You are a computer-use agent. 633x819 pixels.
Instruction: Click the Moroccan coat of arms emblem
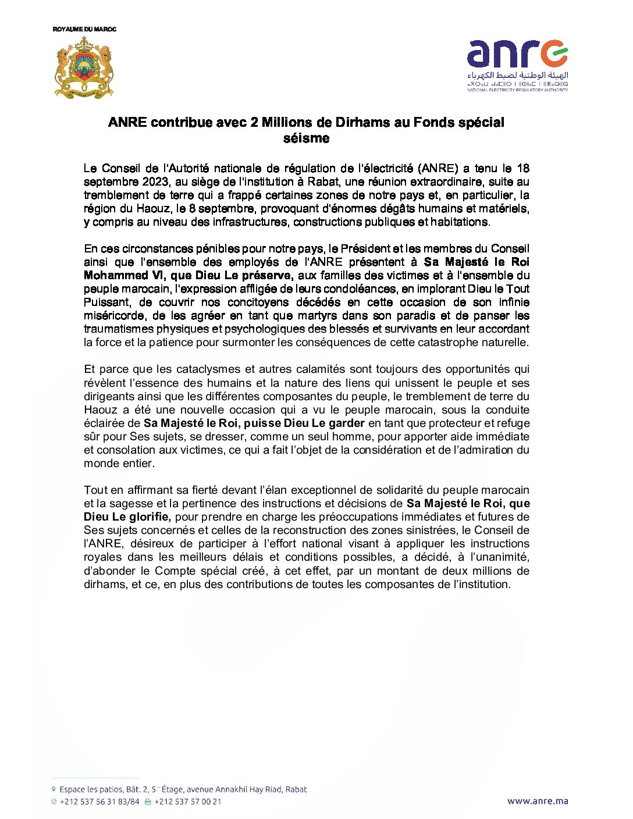pos(84,67)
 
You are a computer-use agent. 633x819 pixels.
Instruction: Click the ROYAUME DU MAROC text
pos(84,29)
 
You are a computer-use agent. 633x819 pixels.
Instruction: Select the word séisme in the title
pos(307,138)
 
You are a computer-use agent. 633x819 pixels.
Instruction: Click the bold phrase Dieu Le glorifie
pos(127,517)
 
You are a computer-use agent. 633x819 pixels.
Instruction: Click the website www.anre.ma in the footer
pos(537,801)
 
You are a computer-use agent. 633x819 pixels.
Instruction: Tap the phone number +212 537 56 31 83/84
pos(99,802)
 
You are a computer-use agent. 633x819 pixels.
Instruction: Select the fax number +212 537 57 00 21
pos(188,802)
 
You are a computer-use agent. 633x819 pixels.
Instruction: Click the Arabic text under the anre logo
pos(517,76)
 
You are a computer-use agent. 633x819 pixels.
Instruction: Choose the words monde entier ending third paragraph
pos(119,464)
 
